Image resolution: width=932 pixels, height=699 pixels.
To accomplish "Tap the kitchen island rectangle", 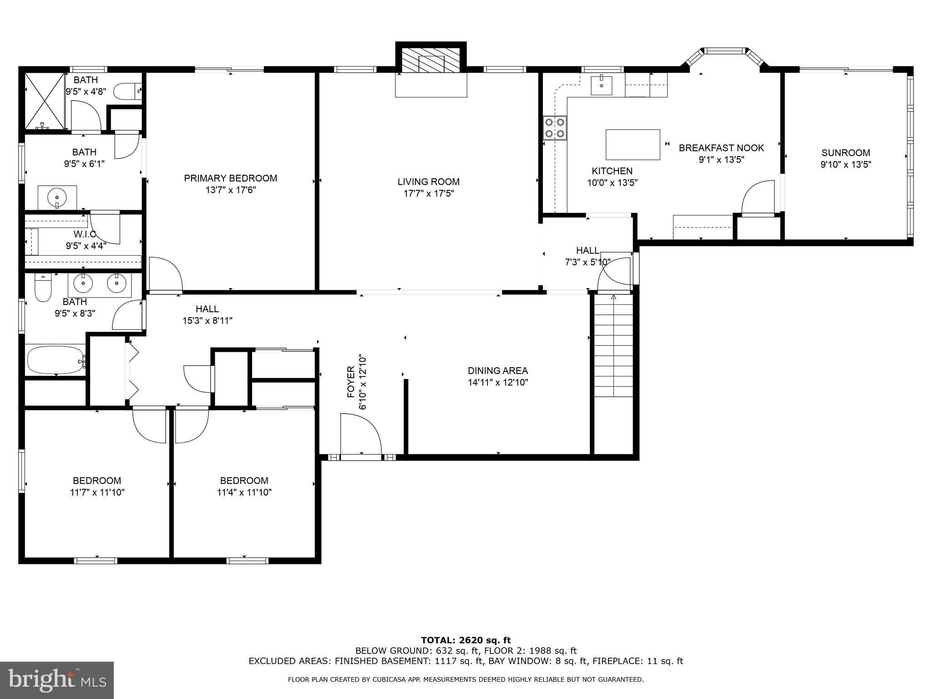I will pyautogui.click(x=633, y=145).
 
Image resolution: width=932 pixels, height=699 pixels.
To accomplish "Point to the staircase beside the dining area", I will pyautogui.click(x=613, y=346).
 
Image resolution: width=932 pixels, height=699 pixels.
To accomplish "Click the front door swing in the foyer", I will pyautogui.click(x=360, y=434).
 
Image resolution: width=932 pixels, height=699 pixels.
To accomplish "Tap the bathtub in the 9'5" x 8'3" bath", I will pyautogui.click(x=56, y=360).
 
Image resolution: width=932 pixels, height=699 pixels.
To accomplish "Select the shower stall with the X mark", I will pyautogui.click(x=44, y=101).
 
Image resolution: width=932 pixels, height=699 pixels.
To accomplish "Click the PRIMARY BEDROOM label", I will pyautogui.click(x=230, y=178).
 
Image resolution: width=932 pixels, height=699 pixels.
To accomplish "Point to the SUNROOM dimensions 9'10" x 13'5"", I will pyautogui.click(x=846, y=165).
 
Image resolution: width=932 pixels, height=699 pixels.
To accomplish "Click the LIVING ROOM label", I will pyautogui.click(x=428, y=182).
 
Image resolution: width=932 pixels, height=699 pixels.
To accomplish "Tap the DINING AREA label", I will pyautogui.click(x=497, y=371).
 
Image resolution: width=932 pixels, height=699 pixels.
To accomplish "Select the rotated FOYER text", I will pyautogui.click(x=351, y=382).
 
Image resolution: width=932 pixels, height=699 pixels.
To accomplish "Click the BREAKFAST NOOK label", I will pyautogui.click(x=721, y=148).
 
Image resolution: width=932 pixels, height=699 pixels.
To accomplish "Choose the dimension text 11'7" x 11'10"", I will pyautogui.click(x=97, y=492).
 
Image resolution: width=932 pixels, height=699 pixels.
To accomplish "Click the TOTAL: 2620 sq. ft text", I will pyautogui.click(x=466, y=640).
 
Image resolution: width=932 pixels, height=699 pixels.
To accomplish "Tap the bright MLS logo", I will pyautogui.click(x=57, y=680).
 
